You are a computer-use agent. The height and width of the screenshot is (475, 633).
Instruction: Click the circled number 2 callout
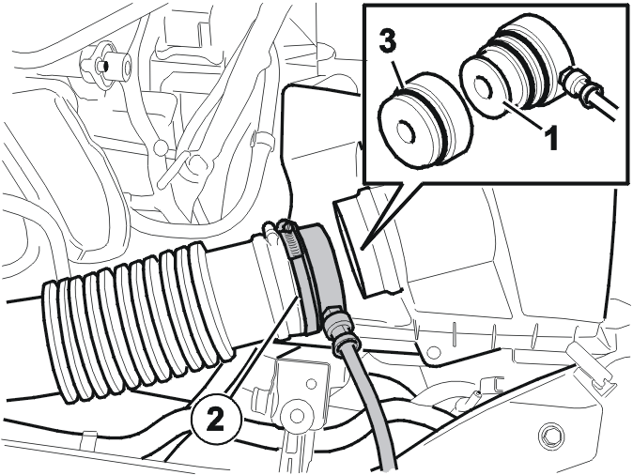(215, 418)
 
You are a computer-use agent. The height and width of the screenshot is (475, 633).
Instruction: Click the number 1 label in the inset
(549, 138)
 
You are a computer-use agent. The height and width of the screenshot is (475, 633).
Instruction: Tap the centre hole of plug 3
(407, 131)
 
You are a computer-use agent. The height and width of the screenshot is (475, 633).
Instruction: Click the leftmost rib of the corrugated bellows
(54, 338)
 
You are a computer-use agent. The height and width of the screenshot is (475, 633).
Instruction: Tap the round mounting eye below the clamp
(297, 415)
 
